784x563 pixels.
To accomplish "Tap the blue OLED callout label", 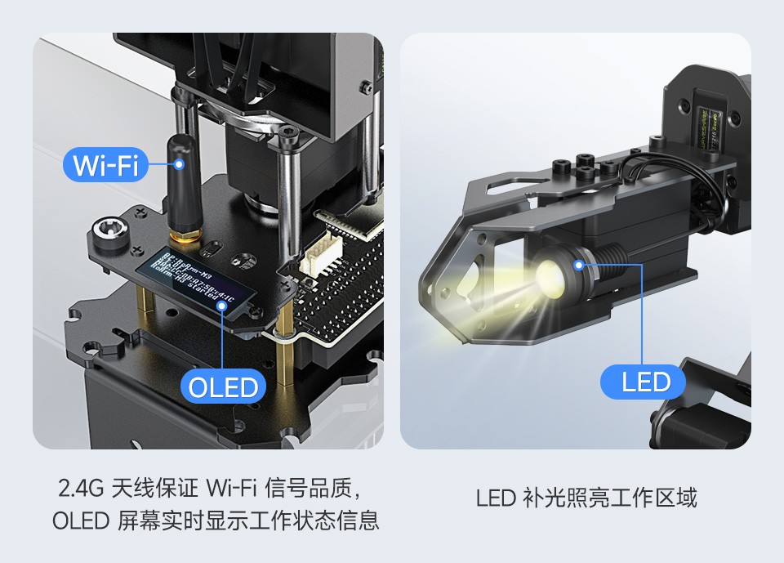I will click(x=223, y=387).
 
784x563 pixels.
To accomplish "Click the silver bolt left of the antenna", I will click(x=110, y=230).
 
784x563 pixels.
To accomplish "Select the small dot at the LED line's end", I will click(x=579, y=264).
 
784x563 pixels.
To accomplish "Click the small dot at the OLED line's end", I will click(x=222, y=306).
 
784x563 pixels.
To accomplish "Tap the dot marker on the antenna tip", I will click(x=179, y=163).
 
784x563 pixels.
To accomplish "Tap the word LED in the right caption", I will click(x=496, y=498).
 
